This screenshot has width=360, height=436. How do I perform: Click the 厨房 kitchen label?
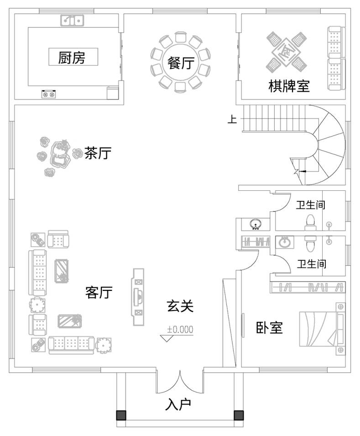(72, 58)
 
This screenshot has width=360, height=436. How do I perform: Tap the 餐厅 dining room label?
(180, 63)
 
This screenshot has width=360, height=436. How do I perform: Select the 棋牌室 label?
(289, 86)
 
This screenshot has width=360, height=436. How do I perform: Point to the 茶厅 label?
(98, 153)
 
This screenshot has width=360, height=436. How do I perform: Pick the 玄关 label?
(180, 306)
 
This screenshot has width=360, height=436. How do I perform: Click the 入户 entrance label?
(178, 404)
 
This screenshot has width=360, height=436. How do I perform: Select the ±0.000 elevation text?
(180, 329)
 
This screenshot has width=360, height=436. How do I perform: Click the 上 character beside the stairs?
(232, 120)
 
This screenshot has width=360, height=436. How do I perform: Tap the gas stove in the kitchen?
(49, 94)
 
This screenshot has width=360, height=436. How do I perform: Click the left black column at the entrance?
(121, 415)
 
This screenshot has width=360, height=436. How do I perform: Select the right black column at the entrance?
(238, 415)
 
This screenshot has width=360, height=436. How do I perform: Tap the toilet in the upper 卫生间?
(310, 221)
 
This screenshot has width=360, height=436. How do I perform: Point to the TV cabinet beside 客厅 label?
(138, 297)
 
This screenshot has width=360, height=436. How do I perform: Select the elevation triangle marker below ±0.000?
(168, 338)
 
